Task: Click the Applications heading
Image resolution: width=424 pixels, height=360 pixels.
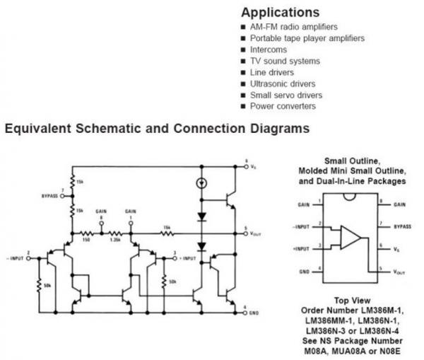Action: (x=280, y=13)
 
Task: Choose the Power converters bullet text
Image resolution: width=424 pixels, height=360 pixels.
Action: (x=283, y=107)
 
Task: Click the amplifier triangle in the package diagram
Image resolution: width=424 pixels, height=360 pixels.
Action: (x=351, y=236)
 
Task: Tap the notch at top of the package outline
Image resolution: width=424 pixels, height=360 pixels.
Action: (x=351, y=196)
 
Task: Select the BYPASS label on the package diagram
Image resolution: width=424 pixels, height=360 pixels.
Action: (x=402, y=226)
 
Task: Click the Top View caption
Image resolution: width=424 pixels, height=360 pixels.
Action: (x=351, y=300)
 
